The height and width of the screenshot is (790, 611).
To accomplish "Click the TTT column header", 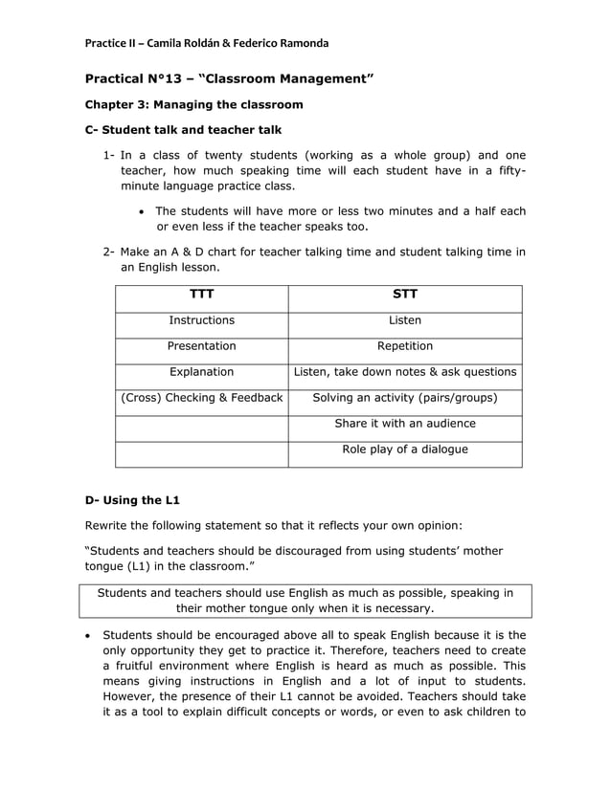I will [201, 295].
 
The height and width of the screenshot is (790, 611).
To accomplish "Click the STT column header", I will [404, 295].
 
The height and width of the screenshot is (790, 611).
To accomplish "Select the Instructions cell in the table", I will [201, 320].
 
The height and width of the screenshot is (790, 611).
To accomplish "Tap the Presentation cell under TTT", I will [201, 346].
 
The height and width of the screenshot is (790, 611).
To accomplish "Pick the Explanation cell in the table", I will [201, 372].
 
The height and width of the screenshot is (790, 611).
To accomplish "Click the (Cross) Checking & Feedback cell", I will [201, 398].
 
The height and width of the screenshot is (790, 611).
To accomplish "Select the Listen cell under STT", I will [404, 320].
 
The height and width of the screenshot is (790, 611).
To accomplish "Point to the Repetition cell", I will [404, 346].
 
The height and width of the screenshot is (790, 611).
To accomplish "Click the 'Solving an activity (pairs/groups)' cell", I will [404, 398].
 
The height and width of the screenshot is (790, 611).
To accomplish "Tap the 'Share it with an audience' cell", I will [404, 424].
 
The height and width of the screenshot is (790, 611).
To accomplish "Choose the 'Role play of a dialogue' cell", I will [404, 450].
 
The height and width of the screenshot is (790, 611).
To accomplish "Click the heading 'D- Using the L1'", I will [132, 500].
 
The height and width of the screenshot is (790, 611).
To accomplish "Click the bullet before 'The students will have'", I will [142, 211].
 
